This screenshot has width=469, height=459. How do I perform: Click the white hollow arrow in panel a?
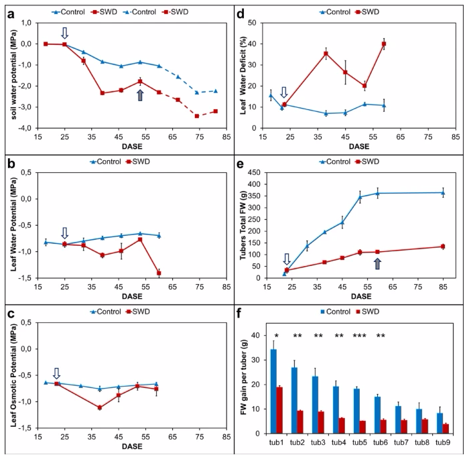(x=65, y=33)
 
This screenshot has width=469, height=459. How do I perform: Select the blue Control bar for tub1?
(x=273, y=389)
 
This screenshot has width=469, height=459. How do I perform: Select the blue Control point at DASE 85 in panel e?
(x=442, y=193)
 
